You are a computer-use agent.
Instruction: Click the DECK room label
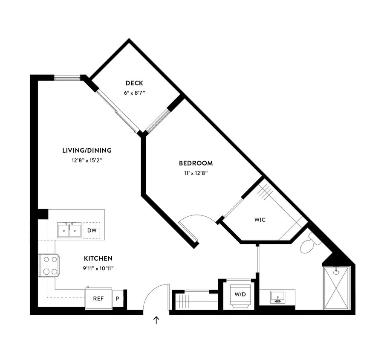[x=134, y=83]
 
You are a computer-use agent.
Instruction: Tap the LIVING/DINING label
[x=87, y=150]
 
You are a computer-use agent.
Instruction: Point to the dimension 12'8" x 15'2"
[x=87, y=160]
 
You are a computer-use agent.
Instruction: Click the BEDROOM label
[x=196, y=163]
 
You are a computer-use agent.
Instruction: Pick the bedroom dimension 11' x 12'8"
[x=196, y=173]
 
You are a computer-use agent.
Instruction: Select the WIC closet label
[x=260, y=220]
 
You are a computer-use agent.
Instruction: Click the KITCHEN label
[x=98, y=258]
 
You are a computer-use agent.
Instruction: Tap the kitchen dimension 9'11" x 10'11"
[x=98, y=268]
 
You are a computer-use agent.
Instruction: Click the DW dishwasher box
[x=92, y=230]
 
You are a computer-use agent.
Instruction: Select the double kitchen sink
[x=69, y=230]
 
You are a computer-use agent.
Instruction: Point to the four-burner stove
[x=49, y=265]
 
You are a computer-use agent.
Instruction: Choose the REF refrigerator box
[x=98, y=299]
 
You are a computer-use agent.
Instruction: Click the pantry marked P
[x=118, y=299]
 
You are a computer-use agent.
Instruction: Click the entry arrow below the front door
[x=156, y=320]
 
